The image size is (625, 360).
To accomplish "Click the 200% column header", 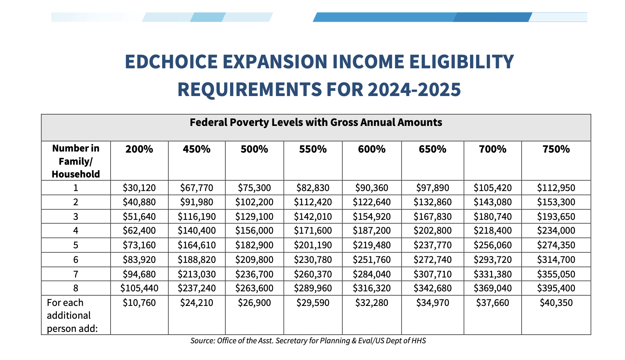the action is (139, 149).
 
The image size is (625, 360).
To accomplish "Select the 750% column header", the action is (556, 149).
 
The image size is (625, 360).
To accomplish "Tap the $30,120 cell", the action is (139, 188).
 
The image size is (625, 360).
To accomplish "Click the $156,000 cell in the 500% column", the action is (254, 231).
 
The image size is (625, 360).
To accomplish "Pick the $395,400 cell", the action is (556, 288).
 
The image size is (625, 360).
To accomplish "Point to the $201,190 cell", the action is (313, 245).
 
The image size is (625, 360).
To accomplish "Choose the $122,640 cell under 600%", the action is (372, 202).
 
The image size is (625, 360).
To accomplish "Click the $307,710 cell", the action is (432, 274).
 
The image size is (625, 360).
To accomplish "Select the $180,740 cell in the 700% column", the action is (492, 217).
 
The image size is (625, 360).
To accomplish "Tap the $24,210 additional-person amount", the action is (197, 303).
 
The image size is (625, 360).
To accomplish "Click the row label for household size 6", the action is (76, 260).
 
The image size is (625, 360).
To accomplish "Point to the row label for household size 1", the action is (76, 188).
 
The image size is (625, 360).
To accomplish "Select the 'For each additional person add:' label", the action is (72, 316).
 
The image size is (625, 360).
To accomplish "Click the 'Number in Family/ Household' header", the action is (76, 161).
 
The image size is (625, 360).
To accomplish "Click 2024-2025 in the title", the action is (414, 89).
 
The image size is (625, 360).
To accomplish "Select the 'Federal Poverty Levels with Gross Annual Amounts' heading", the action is (316, 122).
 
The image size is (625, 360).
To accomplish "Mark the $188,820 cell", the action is (197, 260).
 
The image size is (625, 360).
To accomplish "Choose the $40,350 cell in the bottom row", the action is (556, 303).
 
